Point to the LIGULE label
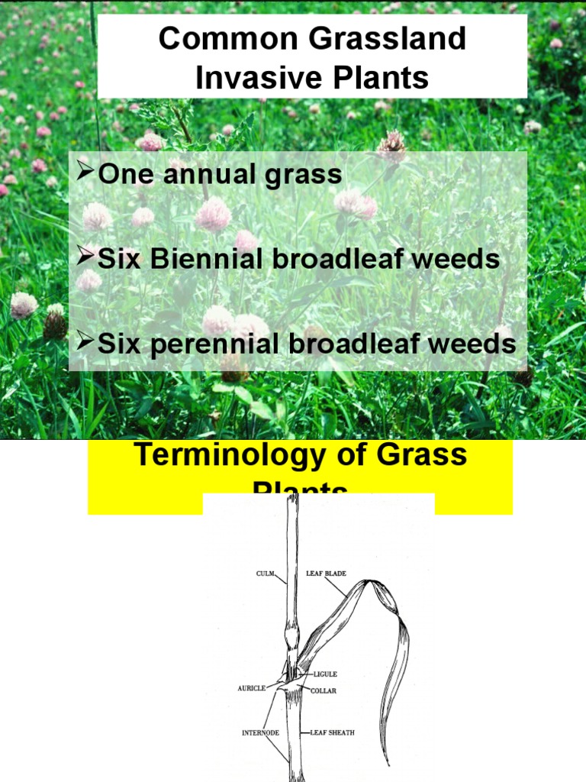tap(324, 675)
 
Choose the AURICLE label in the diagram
tap(252, 688)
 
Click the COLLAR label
tap(323, 690)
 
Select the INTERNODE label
tap(259, 733)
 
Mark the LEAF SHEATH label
tap(333, 733)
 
